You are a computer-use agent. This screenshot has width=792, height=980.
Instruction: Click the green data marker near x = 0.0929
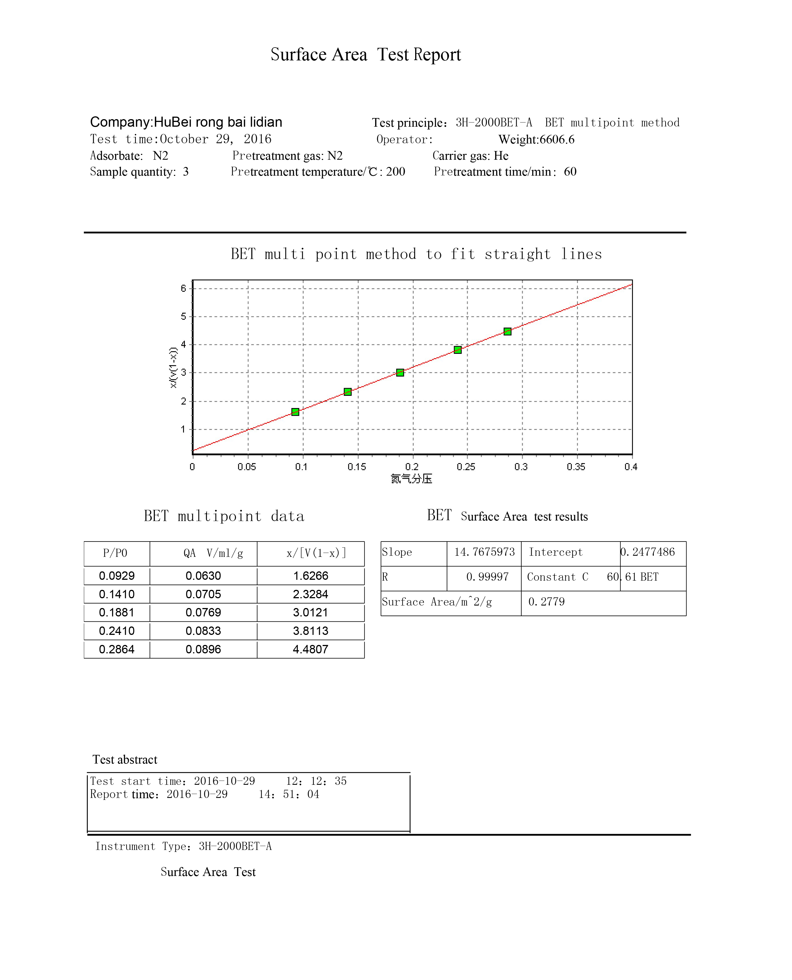click(x=295, y=412)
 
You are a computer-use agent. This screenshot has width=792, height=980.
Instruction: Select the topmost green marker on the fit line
click(x=507, y=331)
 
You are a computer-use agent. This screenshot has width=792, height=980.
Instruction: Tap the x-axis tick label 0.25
click(x=466, y=467)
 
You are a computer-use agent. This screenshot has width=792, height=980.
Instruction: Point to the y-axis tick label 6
click(x=183, y=288)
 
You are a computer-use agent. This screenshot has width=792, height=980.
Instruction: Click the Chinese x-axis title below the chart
click(x=412, y=479)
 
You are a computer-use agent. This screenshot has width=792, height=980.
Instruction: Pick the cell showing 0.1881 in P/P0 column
click(x=117, y=613)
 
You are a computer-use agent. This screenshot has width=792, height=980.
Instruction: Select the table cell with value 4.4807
click(x=311, y=649)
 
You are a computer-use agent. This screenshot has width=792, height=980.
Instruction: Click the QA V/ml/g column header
click(x=213, y=553)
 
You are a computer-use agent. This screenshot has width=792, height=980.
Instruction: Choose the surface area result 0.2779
click(x=547, y=602)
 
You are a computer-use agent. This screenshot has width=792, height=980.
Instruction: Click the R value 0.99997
click(x=487, y=577)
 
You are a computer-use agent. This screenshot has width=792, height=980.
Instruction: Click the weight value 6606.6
click(x=557, y=140)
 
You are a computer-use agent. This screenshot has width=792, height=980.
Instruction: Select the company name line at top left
click(x=186, y=122)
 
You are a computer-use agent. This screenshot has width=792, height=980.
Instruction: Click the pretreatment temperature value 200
click(x=396, y=172)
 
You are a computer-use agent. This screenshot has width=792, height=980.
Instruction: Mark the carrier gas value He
click(x=501, y=156)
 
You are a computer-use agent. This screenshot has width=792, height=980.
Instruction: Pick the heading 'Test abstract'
click(x=125, y=760)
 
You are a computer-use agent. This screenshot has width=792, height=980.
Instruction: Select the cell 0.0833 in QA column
click(x=204, y=631)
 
